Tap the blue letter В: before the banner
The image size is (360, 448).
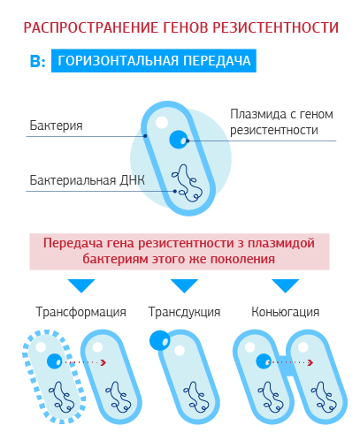tap(38, 61)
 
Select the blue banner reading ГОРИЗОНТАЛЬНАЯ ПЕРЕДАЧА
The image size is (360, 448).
tap(154, 61)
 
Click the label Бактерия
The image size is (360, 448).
tap(56, 125)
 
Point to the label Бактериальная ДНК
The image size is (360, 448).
tap(88, 180)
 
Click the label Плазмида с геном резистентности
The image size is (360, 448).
tap(281, 122)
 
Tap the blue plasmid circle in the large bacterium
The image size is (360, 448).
tap(179, 140)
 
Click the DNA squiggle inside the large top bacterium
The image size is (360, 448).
tap(187, 183)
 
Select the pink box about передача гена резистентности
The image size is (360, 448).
tap(180, 252)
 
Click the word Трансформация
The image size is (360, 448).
tap(80, 312)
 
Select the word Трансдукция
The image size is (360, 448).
tap(184, 312)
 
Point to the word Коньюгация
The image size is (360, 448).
tap(286, 312)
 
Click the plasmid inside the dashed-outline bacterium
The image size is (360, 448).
tap(55, 361)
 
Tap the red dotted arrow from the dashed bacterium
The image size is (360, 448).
tap(84, 362)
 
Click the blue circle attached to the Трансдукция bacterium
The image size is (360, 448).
tap(160, 340)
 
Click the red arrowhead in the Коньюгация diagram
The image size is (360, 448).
tap(310, 362)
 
